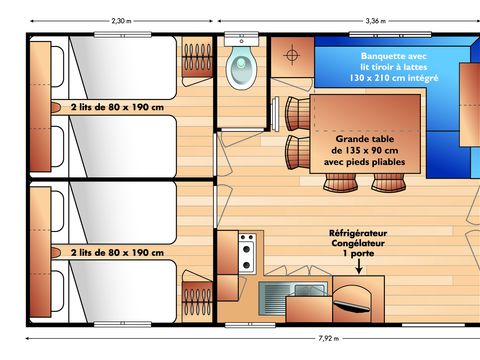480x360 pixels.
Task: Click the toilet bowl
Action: (241, 68)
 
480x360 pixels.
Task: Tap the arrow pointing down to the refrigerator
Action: (358, 266)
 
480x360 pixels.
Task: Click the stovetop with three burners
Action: (246, 250)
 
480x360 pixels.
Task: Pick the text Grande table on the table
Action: (365, 139)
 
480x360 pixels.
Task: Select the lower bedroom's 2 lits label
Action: (117, 253)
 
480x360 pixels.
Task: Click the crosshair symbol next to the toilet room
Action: (293, 54)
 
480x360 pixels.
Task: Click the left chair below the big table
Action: (337, 182)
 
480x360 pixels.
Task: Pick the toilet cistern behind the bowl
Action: (241, 43)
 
